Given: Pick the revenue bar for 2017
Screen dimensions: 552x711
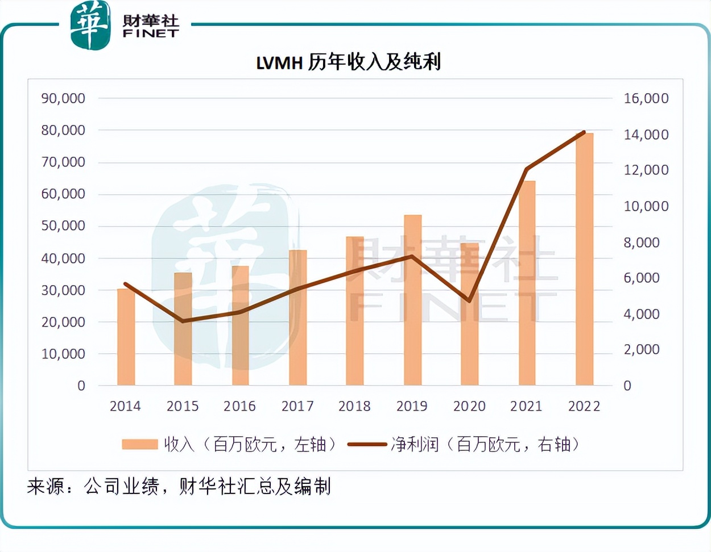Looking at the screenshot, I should pyautogui.click(x=297, y=317).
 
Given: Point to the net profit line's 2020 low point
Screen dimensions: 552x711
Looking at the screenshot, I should pyautogui.click(x=469, y=300).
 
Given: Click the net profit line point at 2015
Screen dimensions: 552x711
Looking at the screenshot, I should pyautogui.click(x=183, y=321).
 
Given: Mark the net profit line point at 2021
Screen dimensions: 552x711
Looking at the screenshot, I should pyautogui.click(x=527, y=169).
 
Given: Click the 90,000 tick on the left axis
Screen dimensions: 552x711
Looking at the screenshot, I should pyautogui.click(x=63, y=98).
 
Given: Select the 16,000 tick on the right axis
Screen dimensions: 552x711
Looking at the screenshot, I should pyautogui.click(x=646, y=98).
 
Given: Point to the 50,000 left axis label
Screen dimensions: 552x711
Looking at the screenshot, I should pyautogui.click(x=63, y=225).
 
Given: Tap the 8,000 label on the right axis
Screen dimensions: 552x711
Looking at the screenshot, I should pyautogui.click(x=642, y=242).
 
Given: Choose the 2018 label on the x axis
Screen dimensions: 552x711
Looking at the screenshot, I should pyautogui.click(x=354, y=406).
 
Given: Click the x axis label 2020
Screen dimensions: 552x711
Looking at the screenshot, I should pyautogui.click(x=469, y=406).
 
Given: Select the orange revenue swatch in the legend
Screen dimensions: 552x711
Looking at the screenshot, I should pyautogui.click(x=139, y=444).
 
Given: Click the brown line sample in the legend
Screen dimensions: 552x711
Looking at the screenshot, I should pyautogui.click(x=367, y=444).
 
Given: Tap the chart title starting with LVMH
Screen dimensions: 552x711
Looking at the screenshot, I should pyautogui.click(x=348, y=62).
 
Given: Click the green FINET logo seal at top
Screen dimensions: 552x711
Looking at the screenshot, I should pyautogui.click(x=90, y=25).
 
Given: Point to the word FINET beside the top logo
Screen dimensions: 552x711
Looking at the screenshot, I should pyautogui.click(x=151, y=34).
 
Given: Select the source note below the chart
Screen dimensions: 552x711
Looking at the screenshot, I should pyautogui.click(x=179, y=486).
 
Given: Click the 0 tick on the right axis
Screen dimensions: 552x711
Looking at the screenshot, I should pyautogui.click(x=627, y=386).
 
